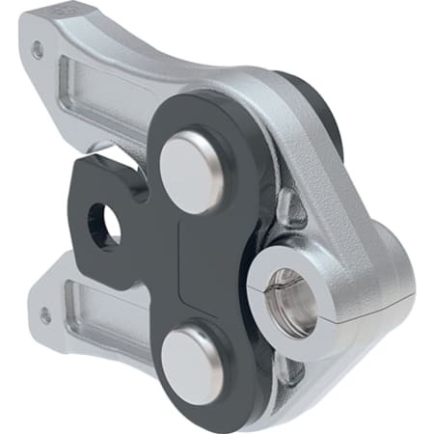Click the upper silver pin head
191,171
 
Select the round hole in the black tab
105,224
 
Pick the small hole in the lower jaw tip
45,314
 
